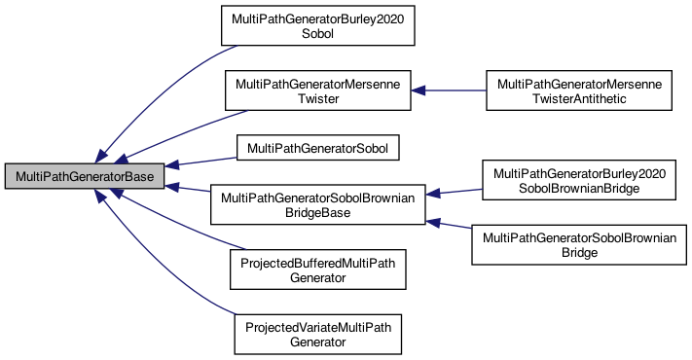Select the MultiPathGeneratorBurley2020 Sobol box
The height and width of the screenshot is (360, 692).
(x=319, y=26)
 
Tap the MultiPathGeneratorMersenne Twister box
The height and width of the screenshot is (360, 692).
(x=319, y=91)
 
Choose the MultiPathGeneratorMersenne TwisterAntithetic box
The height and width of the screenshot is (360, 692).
(x=579, y=91)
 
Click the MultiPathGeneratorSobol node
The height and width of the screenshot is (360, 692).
(x=319, y=148)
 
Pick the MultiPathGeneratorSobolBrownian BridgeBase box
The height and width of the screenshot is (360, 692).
(x=319, y=204)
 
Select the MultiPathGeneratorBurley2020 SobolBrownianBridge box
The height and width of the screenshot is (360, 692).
(x=579, y=180)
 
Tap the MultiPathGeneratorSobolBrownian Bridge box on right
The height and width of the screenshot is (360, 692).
(x=579, y=245)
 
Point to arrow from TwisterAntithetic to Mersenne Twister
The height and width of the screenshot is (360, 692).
(x=448, y=91)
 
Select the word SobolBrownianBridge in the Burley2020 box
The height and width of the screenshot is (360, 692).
(x=579, y=188)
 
